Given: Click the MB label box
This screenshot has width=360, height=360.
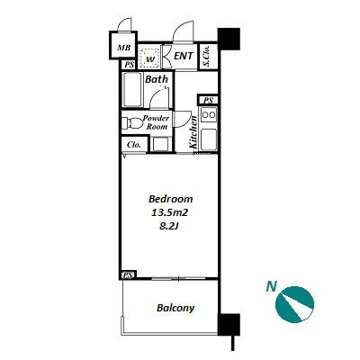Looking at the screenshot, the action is (x=123, y=48).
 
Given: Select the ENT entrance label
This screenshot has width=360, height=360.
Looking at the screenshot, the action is (x=184, y=56).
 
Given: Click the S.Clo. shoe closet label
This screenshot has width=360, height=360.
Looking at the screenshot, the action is (x=206, y=56).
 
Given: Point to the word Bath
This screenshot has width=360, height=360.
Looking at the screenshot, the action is (x=157, y=79).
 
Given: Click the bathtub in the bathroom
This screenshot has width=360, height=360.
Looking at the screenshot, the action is (x=132, y=89).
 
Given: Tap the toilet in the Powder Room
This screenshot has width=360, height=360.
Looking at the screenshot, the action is (x=132, y=123).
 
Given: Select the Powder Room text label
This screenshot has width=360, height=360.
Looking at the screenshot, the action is (x=157, y=122).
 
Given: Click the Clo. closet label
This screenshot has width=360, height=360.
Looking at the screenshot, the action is (x=134, y=145).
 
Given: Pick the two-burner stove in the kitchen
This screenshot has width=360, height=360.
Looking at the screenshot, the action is (x=209, y=115).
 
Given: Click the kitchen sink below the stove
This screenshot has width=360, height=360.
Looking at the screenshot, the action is (x=209, y=139).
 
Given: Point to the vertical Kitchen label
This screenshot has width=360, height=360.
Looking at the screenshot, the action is (x=193, y=132).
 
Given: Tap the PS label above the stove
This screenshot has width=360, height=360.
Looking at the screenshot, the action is (x=208, y=100).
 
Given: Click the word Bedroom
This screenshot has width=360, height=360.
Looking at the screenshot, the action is (x=171, y=199).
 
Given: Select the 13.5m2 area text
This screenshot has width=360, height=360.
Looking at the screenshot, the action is (x=169, y=212).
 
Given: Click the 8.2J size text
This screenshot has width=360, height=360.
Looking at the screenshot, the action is (x=169, y=226).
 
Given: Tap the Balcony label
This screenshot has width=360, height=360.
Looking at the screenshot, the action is (x=175, y=308).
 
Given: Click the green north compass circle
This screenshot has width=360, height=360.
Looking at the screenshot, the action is (x=294, y=304).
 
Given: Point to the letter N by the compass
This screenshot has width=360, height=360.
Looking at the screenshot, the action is (x=272, y=286).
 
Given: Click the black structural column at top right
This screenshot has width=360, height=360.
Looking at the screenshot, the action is (x=229, y=39).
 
